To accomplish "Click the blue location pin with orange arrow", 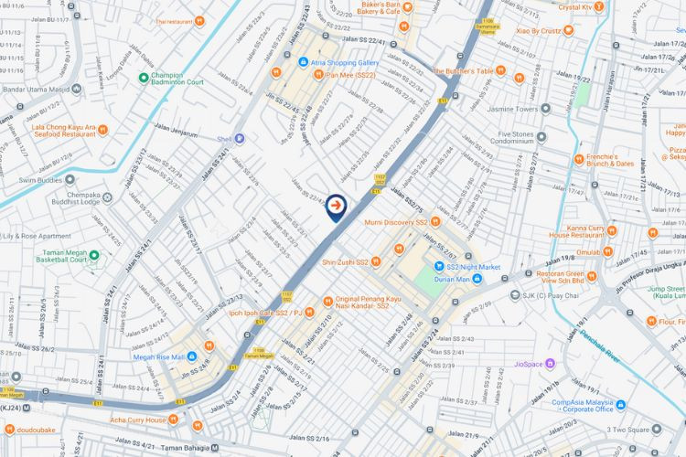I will tap(338, 207).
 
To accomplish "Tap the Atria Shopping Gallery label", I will tap(319, 62).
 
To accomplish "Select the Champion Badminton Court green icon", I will tap(144, 78).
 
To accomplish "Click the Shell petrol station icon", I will tap(240, 139).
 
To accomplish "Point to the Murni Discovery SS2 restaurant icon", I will tap(435, 221).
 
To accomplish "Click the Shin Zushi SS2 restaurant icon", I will tap(375, 262).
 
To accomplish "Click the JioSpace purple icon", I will tap(519, 363).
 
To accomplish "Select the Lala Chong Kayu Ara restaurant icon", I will tap(102, 130).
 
